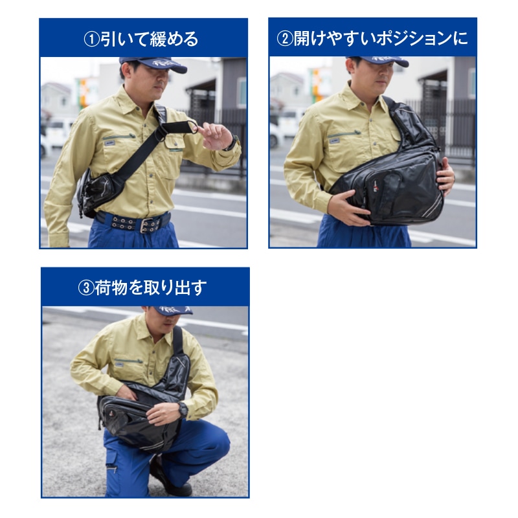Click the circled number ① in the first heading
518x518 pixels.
91,39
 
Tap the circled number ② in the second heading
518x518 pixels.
284,39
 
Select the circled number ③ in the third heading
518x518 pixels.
85,288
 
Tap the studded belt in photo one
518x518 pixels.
133,222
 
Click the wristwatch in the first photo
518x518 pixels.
231,142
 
